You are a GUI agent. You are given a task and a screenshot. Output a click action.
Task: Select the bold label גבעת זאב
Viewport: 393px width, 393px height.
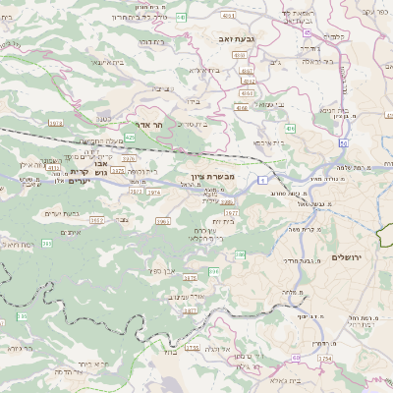(x=238, y=37)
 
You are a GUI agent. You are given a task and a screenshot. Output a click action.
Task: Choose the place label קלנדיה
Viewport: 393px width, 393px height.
(x=335, y=36)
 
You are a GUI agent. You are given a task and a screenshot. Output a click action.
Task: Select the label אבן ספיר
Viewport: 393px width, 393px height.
(x=162, y=269)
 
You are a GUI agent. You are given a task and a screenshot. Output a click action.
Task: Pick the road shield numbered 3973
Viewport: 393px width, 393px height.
(x=117, y=170)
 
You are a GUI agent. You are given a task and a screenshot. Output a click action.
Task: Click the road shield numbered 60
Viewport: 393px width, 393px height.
(x=296, y=358)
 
